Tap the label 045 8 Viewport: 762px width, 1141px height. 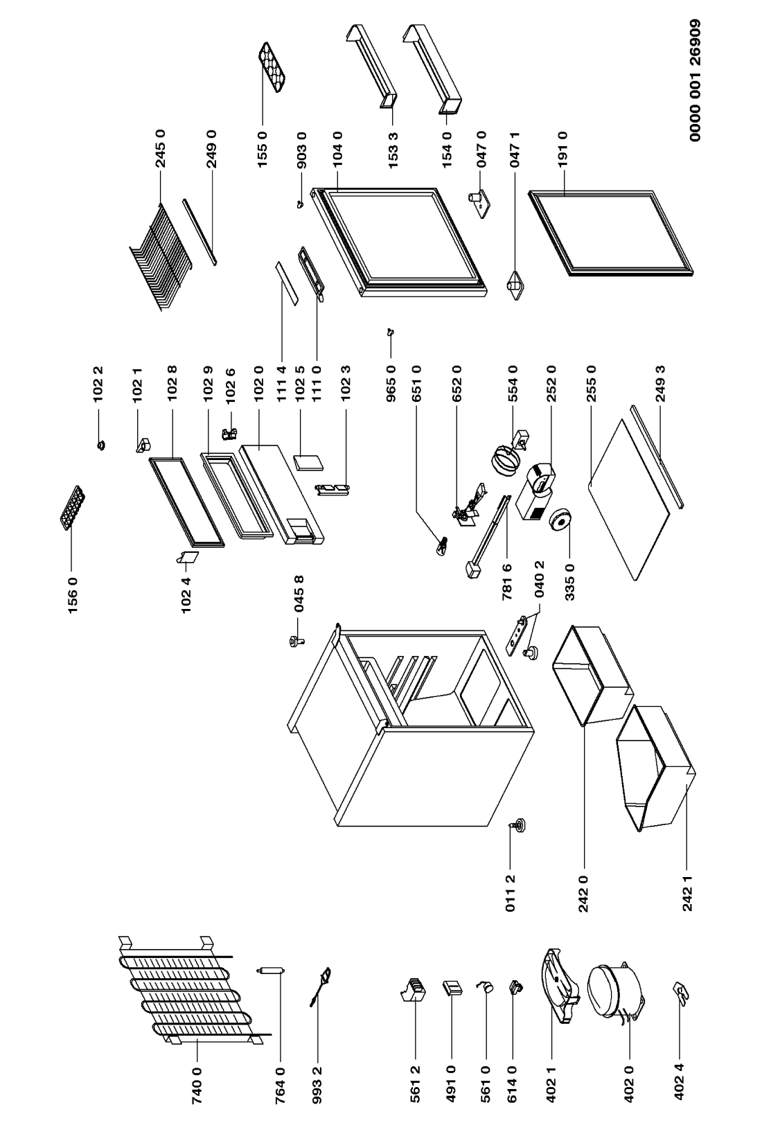coord(300,595)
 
